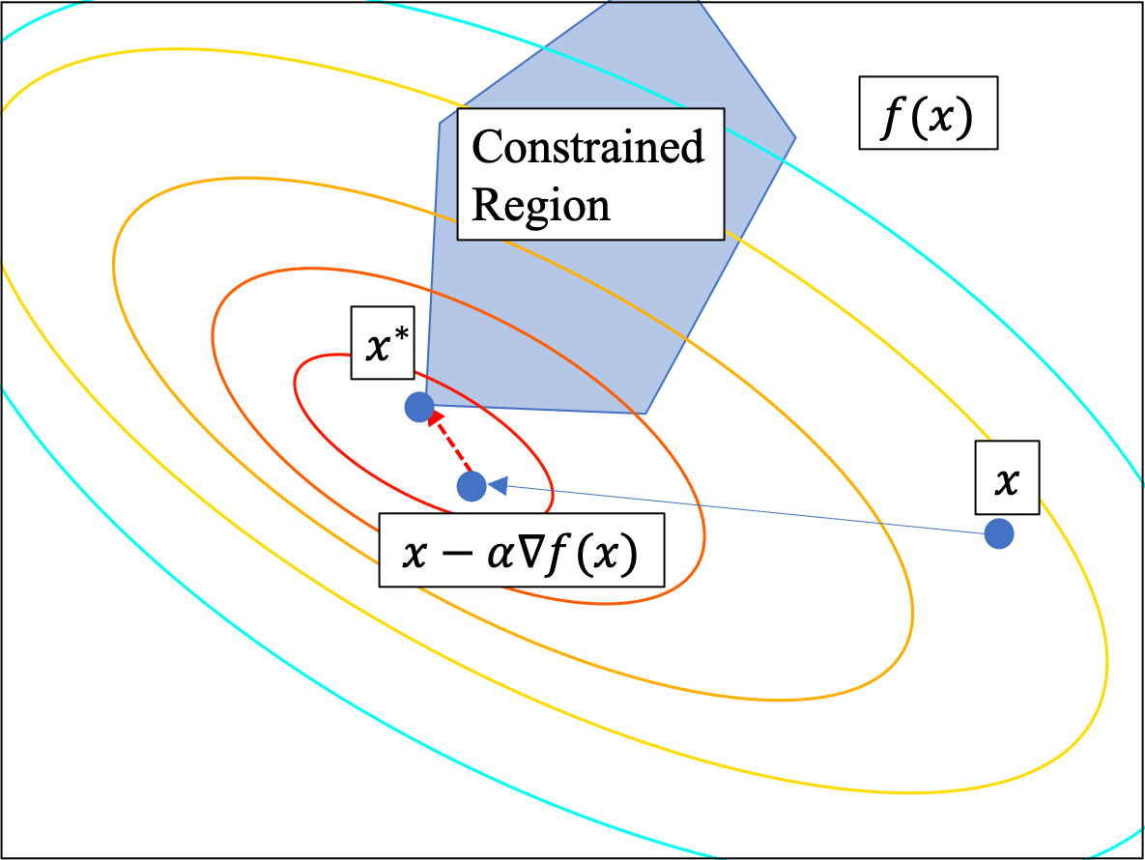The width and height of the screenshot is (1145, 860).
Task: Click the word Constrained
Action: click(x=587, y=147)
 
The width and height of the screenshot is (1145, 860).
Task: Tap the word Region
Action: click(x=540, y=205)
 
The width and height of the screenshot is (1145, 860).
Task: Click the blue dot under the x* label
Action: click(x=417, y=407)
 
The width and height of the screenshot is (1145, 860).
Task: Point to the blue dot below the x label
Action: click(x=999, y=533)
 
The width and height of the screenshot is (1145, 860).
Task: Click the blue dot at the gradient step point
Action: click(x=472, y=486)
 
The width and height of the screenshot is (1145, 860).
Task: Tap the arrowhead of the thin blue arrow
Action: click(x=497, y=487)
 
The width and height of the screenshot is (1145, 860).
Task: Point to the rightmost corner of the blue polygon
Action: click(x=795, y=136)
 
